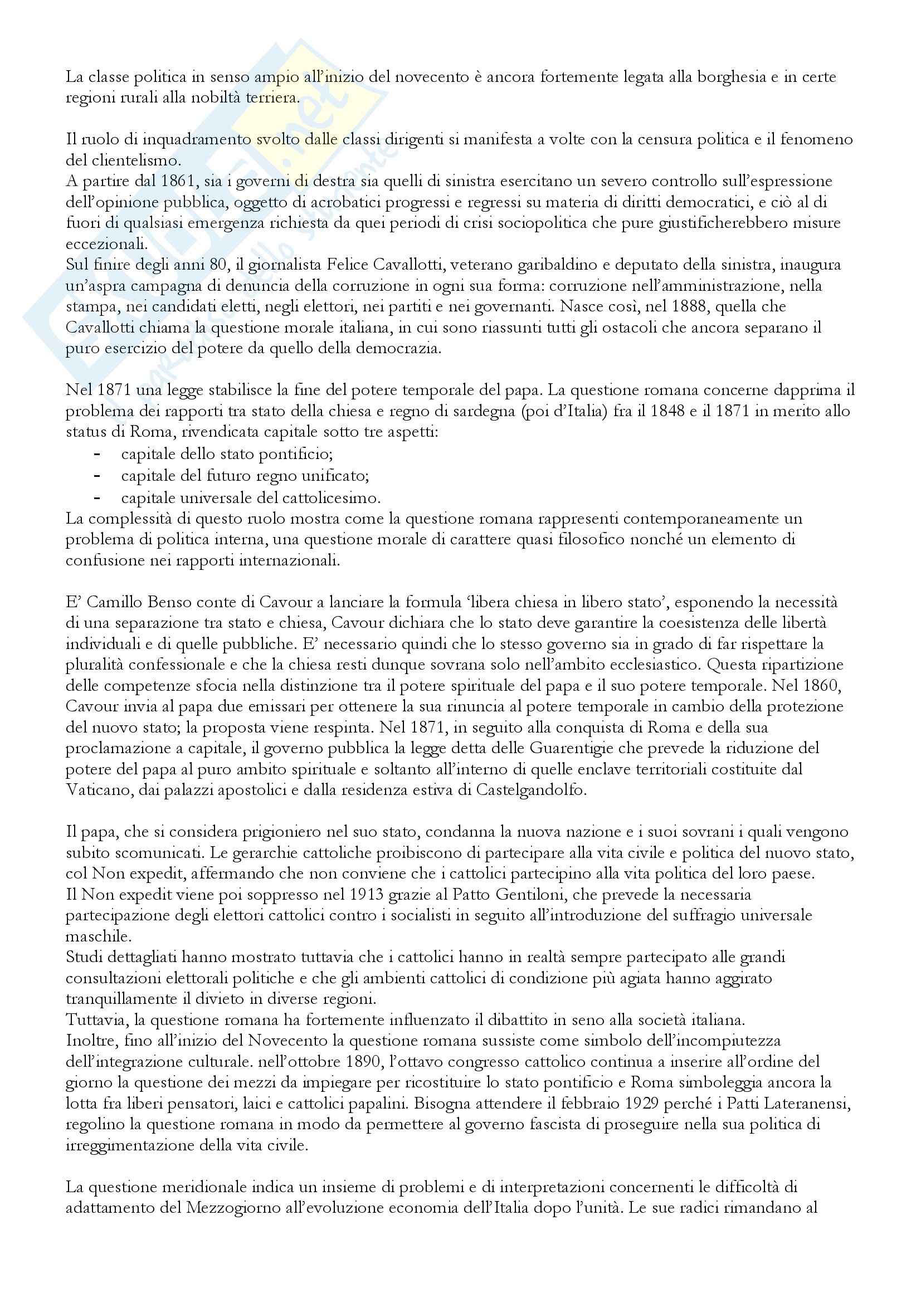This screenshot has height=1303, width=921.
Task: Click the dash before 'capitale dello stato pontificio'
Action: click(97, 455)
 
